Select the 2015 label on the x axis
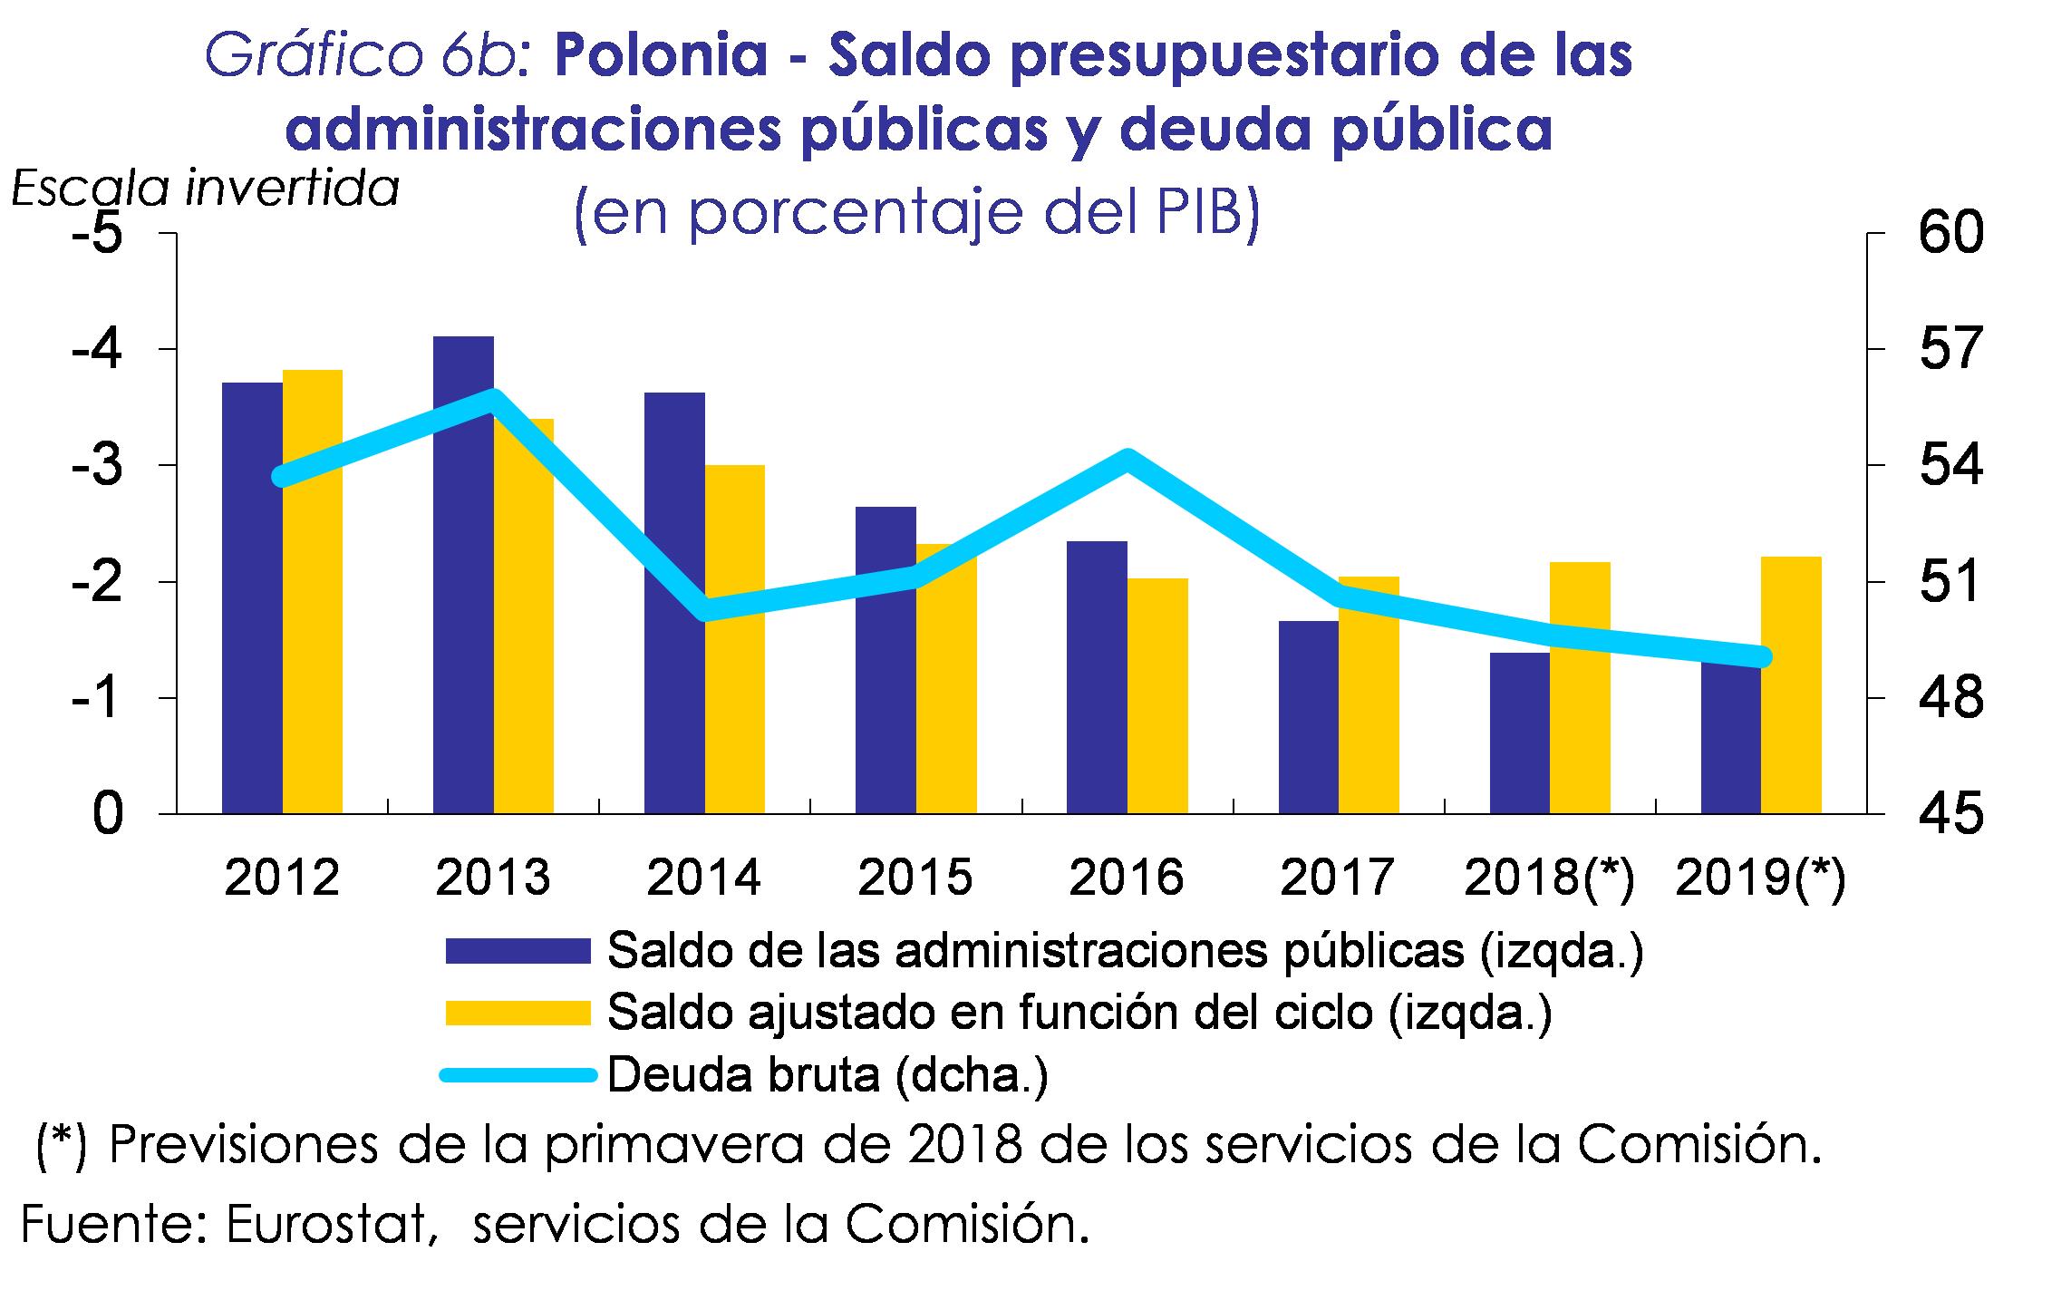(x=915, y=878)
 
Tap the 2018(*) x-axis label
(x=1549, y=878)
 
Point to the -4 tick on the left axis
(x=98, y=349)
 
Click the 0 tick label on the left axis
(x=106, y=814)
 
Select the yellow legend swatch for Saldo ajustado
(x=518, y=1013)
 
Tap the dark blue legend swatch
(x=518, y=950)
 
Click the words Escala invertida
(x=205, y=189)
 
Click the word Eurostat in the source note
(x=325, y=1226)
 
